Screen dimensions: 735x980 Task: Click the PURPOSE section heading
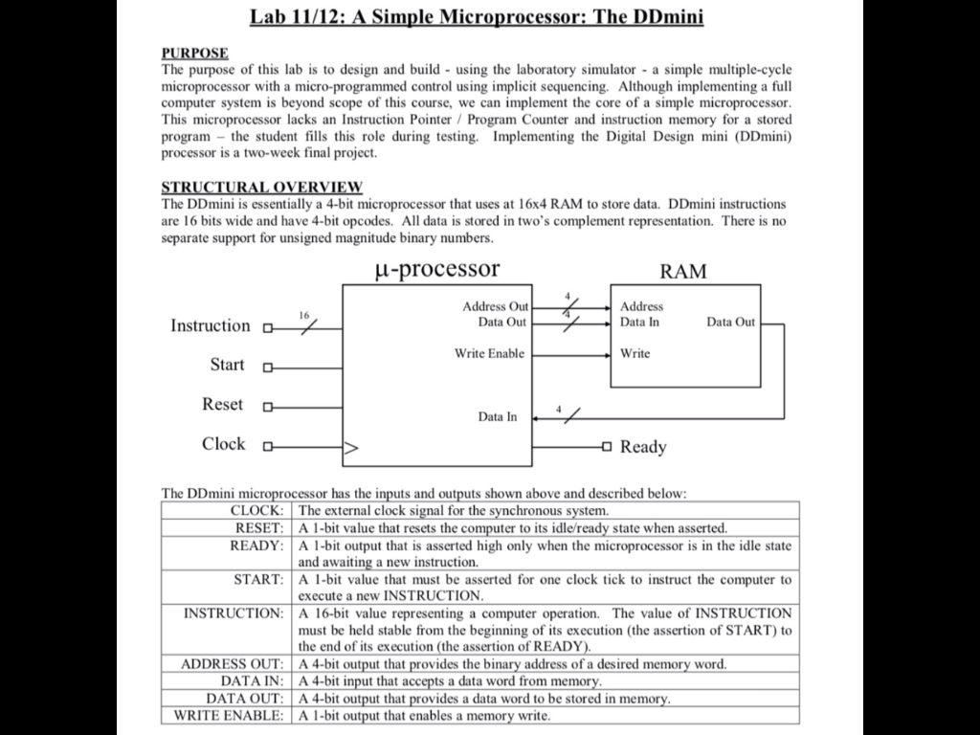(x=194, y=53)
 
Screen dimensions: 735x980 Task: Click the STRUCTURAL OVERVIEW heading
(x=261, y=186)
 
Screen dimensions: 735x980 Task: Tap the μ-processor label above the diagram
(x=435, y=269)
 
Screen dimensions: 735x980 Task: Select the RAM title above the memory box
(x=683, y=271)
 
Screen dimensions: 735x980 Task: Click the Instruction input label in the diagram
(x=210, y=325)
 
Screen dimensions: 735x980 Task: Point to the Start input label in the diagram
(x=227, y=365)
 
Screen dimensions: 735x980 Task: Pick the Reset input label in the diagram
(x=223, y=404)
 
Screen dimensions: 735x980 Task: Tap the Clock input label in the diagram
(x=223, y=444)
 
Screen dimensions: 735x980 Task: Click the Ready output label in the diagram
(x=643, y=447)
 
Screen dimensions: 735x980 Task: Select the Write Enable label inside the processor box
(x=489, y=354)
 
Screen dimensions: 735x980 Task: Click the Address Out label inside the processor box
(x=495, y=306)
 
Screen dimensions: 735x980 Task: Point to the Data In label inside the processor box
(x=498, y=417)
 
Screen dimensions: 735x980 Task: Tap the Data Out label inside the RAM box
(x=730, y=323)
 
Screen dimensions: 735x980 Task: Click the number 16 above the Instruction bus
(x=304, y=315)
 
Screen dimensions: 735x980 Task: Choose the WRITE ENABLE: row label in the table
(x=229, y=716)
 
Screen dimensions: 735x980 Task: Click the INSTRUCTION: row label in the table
(x=234, y=612)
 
